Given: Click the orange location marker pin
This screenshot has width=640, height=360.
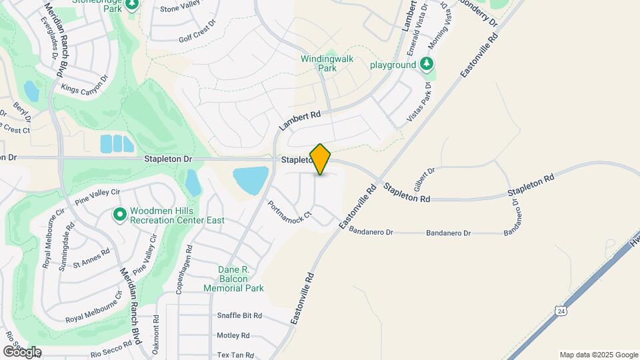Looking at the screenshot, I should click(x=321, y=159).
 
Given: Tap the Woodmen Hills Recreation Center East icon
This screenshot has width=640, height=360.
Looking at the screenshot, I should click(x=120, y=215).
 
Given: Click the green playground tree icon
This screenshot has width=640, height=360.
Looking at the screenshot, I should click(x=427, y=65).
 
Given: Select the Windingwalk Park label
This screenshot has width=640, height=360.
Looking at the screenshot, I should click(x=327, y=63).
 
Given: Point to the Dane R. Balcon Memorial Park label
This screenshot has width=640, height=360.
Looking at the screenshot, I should click(x=233, y=279).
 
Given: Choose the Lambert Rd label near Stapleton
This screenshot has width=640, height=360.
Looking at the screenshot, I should click(x=300, y=120).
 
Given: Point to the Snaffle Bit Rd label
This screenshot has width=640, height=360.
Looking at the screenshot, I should click(x=239, y=315).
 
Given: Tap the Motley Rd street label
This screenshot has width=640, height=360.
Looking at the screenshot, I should click(x=233, y=335).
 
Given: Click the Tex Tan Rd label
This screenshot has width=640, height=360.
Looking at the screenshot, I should click(x=235, y=355).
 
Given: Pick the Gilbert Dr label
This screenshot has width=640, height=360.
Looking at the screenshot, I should click(x=424, y=179).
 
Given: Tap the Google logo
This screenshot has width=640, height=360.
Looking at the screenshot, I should click(x=22, y=352).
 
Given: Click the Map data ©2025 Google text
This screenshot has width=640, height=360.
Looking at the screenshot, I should click(x=598, y=355).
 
